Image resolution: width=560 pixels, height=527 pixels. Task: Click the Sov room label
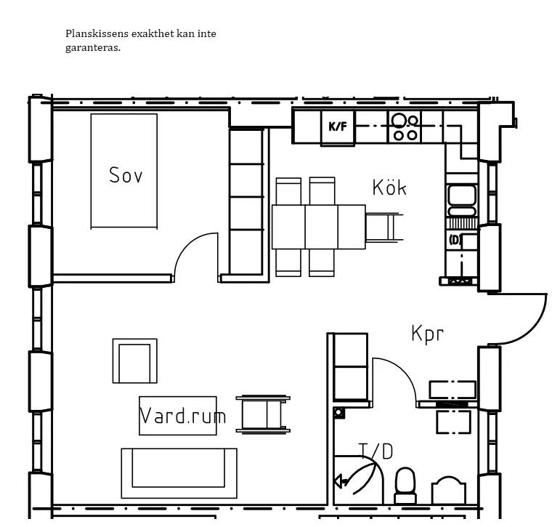pos(126,175)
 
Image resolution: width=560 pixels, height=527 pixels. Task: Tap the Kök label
pos(389,187)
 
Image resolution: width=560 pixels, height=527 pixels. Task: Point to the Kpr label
pos(428,334)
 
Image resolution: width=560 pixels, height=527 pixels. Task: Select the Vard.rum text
pos(182,416)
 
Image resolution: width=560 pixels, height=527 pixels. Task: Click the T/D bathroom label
pos(376,451)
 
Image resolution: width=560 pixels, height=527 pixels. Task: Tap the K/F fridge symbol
pos(338,126)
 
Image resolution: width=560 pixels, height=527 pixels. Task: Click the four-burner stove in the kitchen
pos(405,126)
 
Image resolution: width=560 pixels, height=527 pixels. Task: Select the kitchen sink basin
pos(462,201)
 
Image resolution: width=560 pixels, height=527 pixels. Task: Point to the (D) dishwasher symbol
pos(455,240)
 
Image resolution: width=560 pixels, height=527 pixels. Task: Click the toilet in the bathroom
pos(405,486)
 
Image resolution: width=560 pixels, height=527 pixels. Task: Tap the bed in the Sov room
pos(124,172)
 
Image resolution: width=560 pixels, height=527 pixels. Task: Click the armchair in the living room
pos(134,361)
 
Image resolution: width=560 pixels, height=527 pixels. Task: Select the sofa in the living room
pos(179,473)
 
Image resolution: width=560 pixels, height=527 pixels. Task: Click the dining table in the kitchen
pos(319,227)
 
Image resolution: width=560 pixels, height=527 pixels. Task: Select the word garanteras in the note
pos(93,47)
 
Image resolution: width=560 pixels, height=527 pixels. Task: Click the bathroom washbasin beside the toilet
pos(449,490)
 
